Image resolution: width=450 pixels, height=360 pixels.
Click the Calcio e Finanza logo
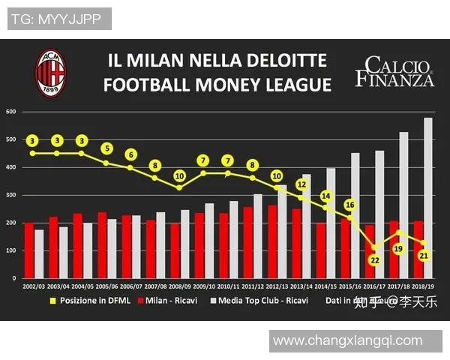[394, 72]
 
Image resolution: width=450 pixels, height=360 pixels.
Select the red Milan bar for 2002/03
[28, 250]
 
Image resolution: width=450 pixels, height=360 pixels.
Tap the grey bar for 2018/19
[428, 198]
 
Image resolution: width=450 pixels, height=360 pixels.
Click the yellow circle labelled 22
[374, 260]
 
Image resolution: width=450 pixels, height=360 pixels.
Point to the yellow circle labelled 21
[423, 256]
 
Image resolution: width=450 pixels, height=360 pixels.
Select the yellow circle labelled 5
[106, 148]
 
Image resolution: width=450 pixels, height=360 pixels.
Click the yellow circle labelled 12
[301, 184]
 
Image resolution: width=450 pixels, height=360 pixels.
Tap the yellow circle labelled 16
[349, 205]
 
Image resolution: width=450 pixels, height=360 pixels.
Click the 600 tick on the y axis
[11, 112]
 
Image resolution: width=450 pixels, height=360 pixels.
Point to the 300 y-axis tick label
[11, 195]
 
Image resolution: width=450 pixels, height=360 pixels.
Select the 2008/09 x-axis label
[180, 286]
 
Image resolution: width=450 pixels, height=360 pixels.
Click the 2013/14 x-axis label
[301, 286]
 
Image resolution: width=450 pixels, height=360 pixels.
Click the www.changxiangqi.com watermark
[347, 340]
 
